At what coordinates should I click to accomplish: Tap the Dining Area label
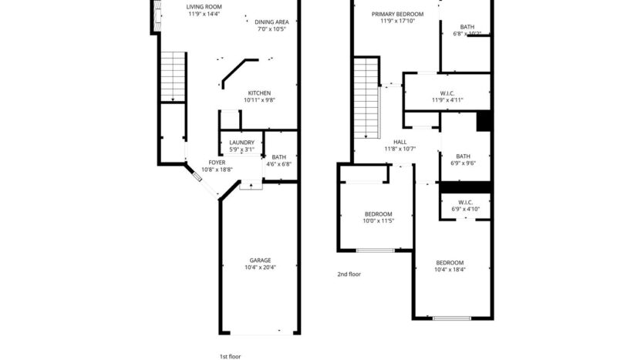[x=271, y=22]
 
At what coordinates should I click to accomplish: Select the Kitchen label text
[x=259, y=93]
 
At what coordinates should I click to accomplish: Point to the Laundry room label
[x=241, y=143]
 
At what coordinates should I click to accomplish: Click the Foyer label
[x=217, y=163]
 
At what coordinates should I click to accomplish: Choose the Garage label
[x=260, y=260]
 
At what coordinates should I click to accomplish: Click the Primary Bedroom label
[x=397, y=14]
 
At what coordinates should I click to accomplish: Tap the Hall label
[x=400, y=142]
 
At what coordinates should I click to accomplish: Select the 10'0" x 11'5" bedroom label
[x=379, y=214]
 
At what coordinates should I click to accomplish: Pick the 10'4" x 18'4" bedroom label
[x=450, y=262]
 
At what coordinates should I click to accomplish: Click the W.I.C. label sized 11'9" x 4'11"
[x=447, y=92]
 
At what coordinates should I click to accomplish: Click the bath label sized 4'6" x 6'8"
[x=279, y=157]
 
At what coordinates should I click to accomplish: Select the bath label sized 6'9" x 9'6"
[x=464, y=156]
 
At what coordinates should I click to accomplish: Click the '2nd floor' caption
[x=349, y=274]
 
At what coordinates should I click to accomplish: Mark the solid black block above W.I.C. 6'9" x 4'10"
[x=465, y=186]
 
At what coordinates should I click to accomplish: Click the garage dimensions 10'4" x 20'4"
[x=260, y=267]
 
